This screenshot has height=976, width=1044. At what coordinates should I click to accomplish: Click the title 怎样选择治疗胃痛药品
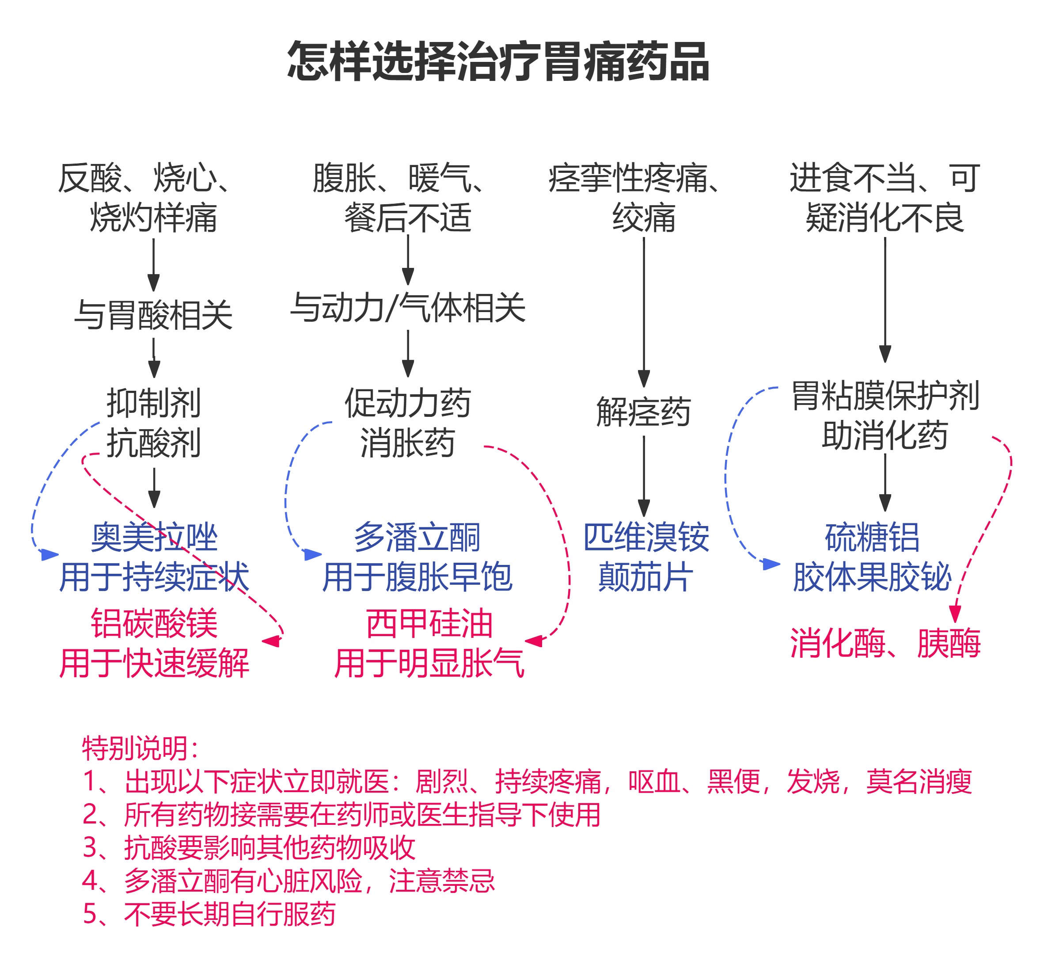[498, 62]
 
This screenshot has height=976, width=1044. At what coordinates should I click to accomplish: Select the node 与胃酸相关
[153, 315]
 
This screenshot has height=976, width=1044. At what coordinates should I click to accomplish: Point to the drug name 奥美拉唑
[154, 538]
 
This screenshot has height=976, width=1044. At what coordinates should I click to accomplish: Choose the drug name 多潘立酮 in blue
[417, 538]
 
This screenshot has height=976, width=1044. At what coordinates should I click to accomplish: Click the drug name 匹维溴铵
[646, 538]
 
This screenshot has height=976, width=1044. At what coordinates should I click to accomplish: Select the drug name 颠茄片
[645, 577]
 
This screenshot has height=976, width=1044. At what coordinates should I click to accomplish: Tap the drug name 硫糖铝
[872, 538]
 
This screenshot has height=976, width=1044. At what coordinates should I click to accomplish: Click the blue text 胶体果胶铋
[872, 577]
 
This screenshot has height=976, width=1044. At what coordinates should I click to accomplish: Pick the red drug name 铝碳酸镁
[154, 624]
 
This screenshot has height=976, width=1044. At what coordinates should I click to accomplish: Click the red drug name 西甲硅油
[429, 624]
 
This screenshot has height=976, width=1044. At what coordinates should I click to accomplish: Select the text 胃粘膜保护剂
[885, 396]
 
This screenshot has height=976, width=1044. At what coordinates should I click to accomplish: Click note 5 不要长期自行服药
[209, 914]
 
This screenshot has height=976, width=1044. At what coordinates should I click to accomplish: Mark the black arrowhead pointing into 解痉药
[644, 378]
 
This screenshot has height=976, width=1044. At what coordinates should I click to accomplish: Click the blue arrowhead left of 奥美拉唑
[49, 555]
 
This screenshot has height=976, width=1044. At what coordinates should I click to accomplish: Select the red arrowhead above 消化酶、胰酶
[955, 614]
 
